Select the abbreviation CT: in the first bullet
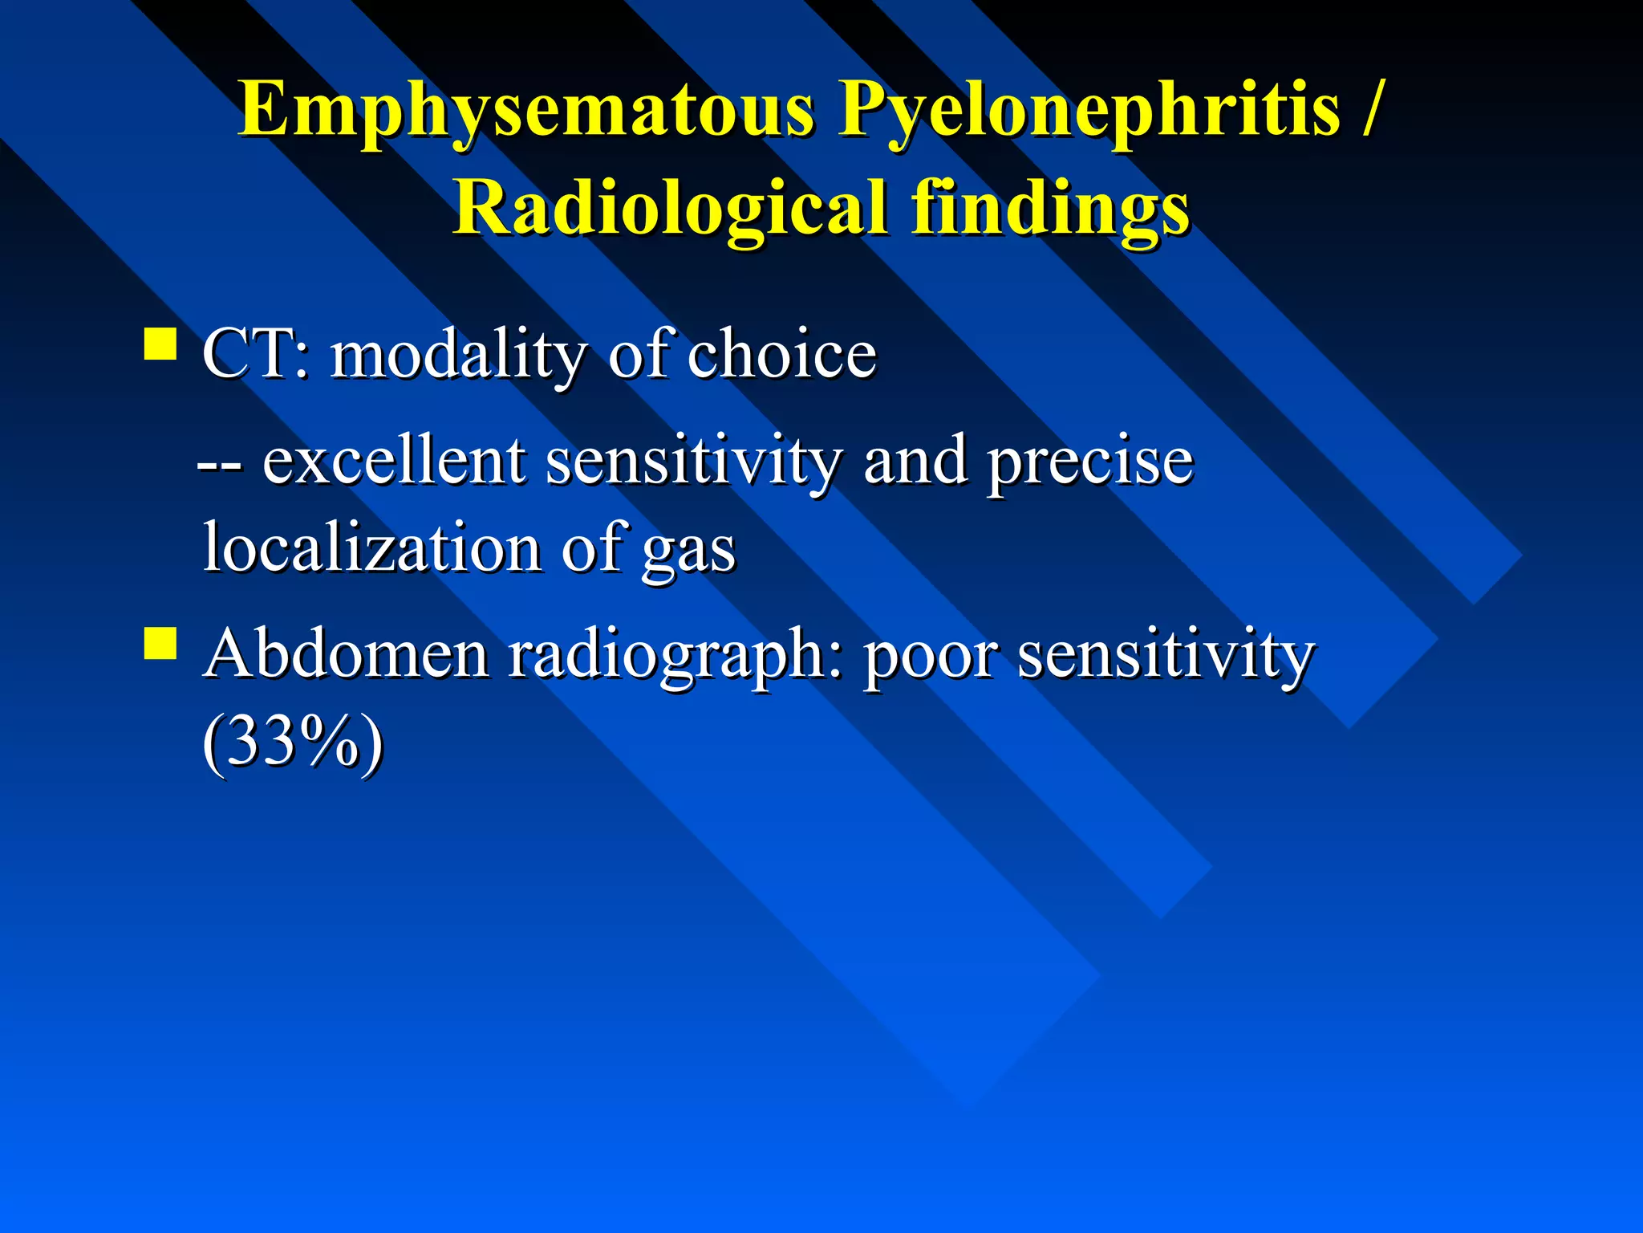pos(255,354)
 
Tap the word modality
pos(458,356)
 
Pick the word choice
pos(781,354)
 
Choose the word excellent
pos(394,461)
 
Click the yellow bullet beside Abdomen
pos(160,644)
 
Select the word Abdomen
pos(346,654)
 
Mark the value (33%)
pos(293,743)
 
